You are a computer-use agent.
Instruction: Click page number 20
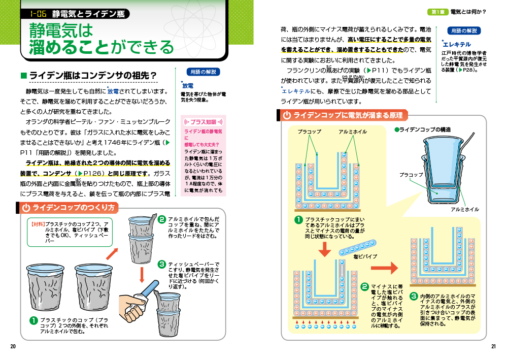[13, 346]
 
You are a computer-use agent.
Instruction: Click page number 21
[493, 346]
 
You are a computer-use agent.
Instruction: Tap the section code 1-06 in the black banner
[38, 14]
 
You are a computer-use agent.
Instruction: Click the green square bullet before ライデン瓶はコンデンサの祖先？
[23, 76]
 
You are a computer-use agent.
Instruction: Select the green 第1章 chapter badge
[438, 12]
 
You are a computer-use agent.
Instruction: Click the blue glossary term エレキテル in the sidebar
[457, 44]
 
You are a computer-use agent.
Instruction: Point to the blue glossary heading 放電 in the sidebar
[188, 86]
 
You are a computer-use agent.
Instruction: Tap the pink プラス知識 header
[204, 122]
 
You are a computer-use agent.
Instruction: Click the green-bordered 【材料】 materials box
[70, 232]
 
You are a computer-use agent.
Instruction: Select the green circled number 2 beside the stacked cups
[162, 220]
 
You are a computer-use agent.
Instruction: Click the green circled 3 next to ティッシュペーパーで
[162, 265]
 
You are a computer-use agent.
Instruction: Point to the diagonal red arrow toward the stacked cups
[112, 253]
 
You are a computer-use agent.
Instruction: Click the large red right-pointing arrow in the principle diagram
[384, 268]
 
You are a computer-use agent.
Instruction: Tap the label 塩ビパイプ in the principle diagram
[365, 256]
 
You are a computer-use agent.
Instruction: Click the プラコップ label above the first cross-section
[310, 132]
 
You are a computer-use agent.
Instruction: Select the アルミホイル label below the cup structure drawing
[465, 210]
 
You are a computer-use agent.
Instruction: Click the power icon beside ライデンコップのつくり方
[26, 208]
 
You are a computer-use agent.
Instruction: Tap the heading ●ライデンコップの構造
[422, 129]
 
